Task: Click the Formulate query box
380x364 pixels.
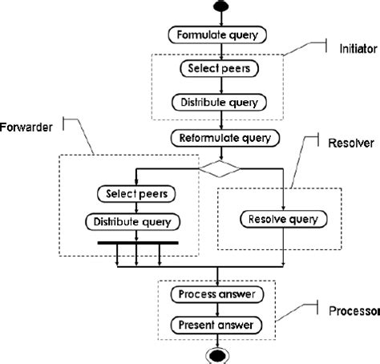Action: [217, 34]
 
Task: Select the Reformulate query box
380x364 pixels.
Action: [225, 138]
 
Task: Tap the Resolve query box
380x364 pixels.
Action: [284, 219]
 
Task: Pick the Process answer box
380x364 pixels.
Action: [217, 294]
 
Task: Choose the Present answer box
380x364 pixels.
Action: [216, 326]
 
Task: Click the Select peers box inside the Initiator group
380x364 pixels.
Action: [220, 68]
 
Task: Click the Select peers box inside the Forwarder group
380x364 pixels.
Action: [136, 194]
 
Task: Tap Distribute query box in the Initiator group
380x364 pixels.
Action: [219, 103]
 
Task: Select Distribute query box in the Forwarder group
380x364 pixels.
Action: [133, 222]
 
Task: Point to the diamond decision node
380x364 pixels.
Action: [220, 168]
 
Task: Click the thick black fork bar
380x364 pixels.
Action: [138, 243]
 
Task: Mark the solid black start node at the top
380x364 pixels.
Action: [221, 6]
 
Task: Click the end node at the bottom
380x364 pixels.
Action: [217, 356]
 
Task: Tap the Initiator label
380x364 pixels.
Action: [358, 49]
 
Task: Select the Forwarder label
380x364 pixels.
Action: [26, 127]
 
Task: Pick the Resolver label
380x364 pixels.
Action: [351, 144]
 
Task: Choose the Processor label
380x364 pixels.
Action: [354, 311]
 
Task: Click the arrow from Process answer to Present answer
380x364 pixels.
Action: [217, 310]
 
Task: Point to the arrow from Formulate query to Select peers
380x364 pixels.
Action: [221, 52]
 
